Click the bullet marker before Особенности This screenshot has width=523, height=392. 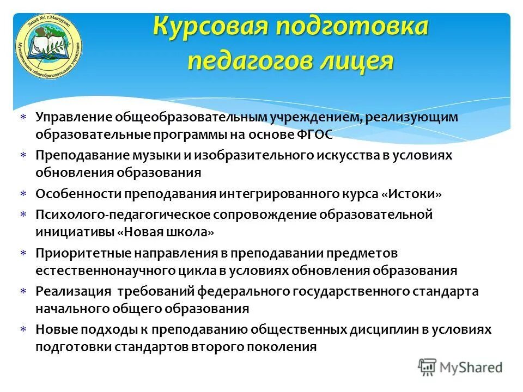click(23, 194)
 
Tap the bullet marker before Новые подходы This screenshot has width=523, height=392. click(23, 330)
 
